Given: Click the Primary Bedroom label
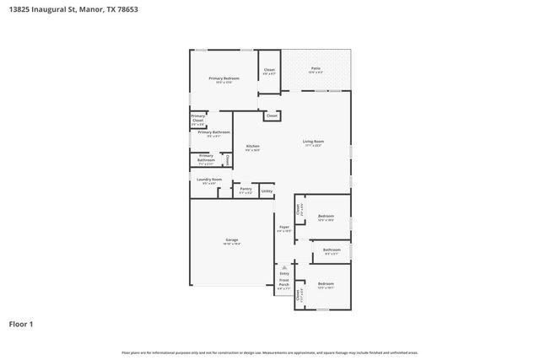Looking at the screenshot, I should [x=224, y=78].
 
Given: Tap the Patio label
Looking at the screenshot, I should [x=316, y=67].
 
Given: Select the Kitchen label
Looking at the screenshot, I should [x=252, y=147].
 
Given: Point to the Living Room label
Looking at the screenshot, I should [x=314, y=141].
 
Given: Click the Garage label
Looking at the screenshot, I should [x=231, y=240].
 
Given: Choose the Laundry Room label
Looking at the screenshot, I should [x=209, y=180].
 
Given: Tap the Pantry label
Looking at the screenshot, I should [x=246, y=189].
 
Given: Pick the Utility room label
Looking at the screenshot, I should [x=267, y=191].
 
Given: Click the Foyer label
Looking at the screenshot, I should [x=284, y=227].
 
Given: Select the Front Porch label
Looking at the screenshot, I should [x=283, y=282].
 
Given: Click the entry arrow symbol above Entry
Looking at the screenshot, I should [x=284, y=266].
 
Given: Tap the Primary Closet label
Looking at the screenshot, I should [x=197, y=118].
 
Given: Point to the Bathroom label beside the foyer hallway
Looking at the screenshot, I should [x=332, y=250].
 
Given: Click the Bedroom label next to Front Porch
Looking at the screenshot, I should [x=326, y=284].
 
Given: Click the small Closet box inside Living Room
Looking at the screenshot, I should [x=272, y=116].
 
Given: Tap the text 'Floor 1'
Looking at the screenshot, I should [x=21, y=323].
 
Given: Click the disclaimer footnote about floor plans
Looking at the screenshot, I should [x=270, y=352].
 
